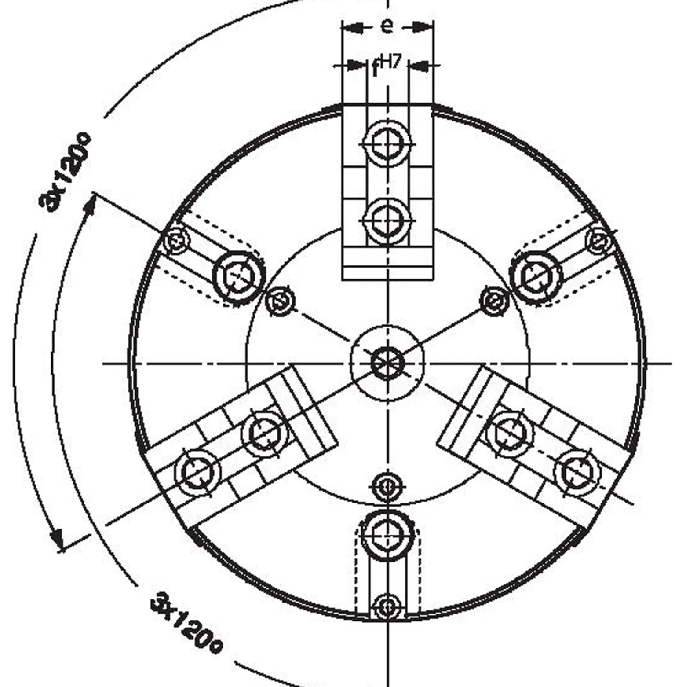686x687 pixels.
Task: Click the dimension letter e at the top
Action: click(387, 26)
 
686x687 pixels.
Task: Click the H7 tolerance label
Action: click(390, 62)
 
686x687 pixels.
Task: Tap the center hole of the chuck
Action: click(387, 364)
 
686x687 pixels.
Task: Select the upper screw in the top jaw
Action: click(387, 143)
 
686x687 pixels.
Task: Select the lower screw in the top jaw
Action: click(387, 220)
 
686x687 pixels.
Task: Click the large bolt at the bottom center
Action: click(387, 534)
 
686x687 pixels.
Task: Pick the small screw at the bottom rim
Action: click(387, 607)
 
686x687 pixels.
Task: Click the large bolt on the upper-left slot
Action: click(239, 277)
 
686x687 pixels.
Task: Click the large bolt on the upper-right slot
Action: click(536, 277)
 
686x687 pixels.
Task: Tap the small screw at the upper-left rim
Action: click(176, 241)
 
